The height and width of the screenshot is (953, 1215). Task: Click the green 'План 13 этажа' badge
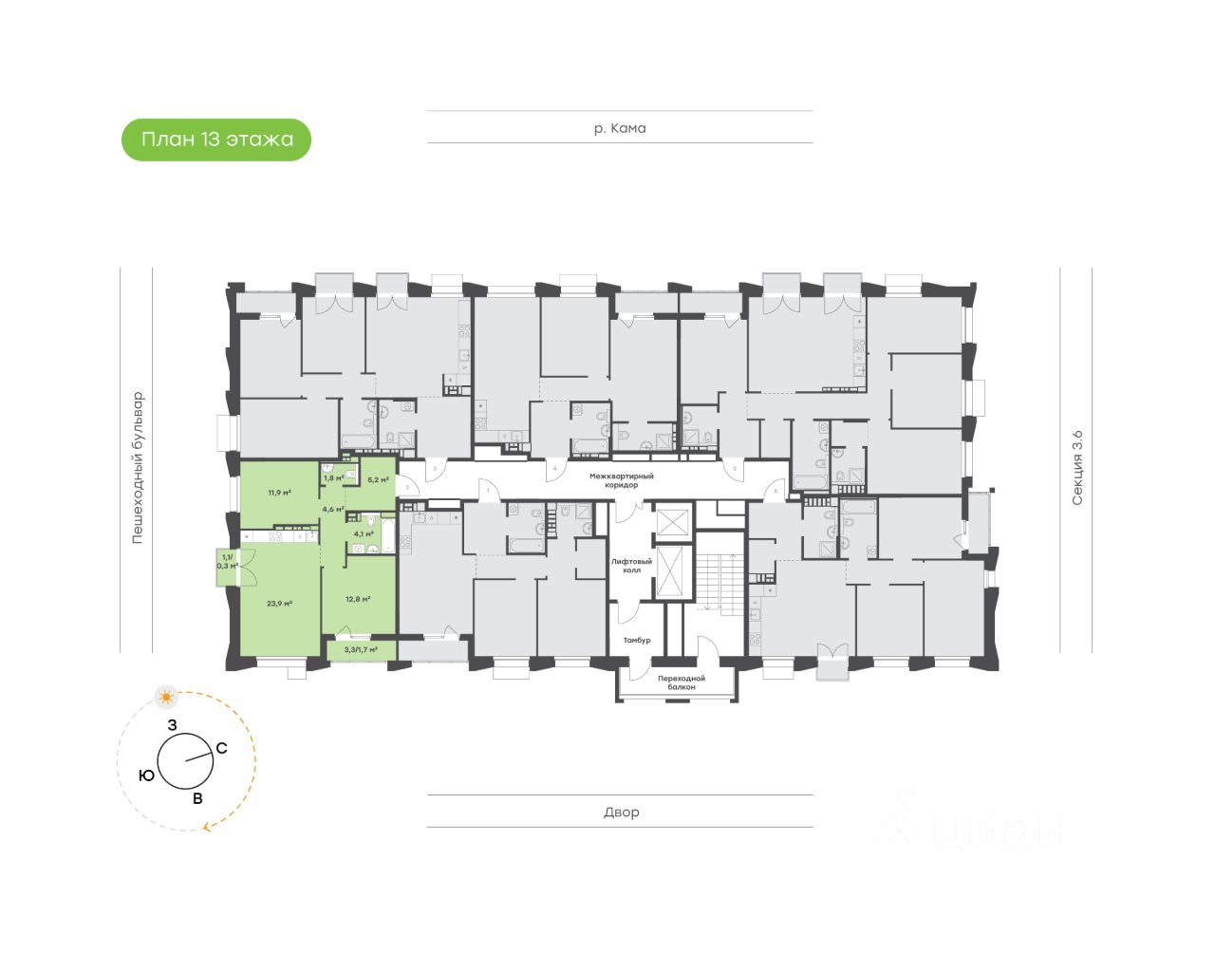point(216,140)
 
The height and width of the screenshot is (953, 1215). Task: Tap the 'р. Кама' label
point(620,128)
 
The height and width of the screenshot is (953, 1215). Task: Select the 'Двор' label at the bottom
point(621,813)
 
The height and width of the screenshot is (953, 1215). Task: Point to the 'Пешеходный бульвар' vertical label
point(138,467)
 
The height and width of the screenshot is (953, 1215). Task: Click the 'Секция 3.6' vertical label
point(1076,467)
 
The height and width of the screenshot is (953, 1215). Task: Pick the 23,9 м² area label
point(279,603)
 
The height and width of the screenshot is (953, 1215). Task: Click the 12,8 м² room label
point(358,599)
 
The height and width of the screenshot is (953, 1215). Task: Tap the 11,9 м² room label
point(279,493)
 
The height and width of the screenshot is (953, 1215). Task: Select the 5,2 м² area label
point(378,480)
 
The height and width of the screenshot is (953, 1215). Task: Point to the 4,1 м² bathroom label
point(364,533)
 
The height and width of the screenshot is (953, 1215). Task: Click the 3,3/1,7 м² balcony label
point(361,650)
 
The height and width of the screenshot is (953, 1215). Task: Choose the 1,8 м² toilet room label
point(334,477)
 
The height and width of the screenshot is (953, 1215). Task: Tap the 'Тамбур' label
point(637,641)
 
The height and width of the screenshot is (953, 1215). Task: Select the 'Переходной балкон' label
point(682,682)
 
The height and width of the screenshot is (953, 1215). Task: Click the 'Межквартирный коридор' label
point(622,480)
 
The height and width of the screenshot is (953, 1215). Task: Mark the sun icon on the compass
point(167,698)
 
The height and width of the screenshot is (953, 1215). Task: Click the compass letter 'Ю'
point(146,775)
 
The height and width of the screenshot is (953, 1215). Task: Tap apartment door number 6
point(775,491)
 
